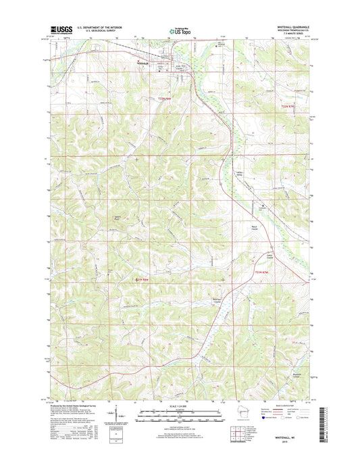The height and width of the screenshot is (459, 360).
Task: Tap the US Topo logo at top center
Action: point(180,30)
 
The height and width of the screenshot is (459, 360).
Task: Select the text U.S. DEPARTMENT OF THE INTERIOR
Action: point(104,27)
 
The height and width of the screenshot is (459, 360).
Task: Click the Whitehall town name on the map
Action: point(142,64)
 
